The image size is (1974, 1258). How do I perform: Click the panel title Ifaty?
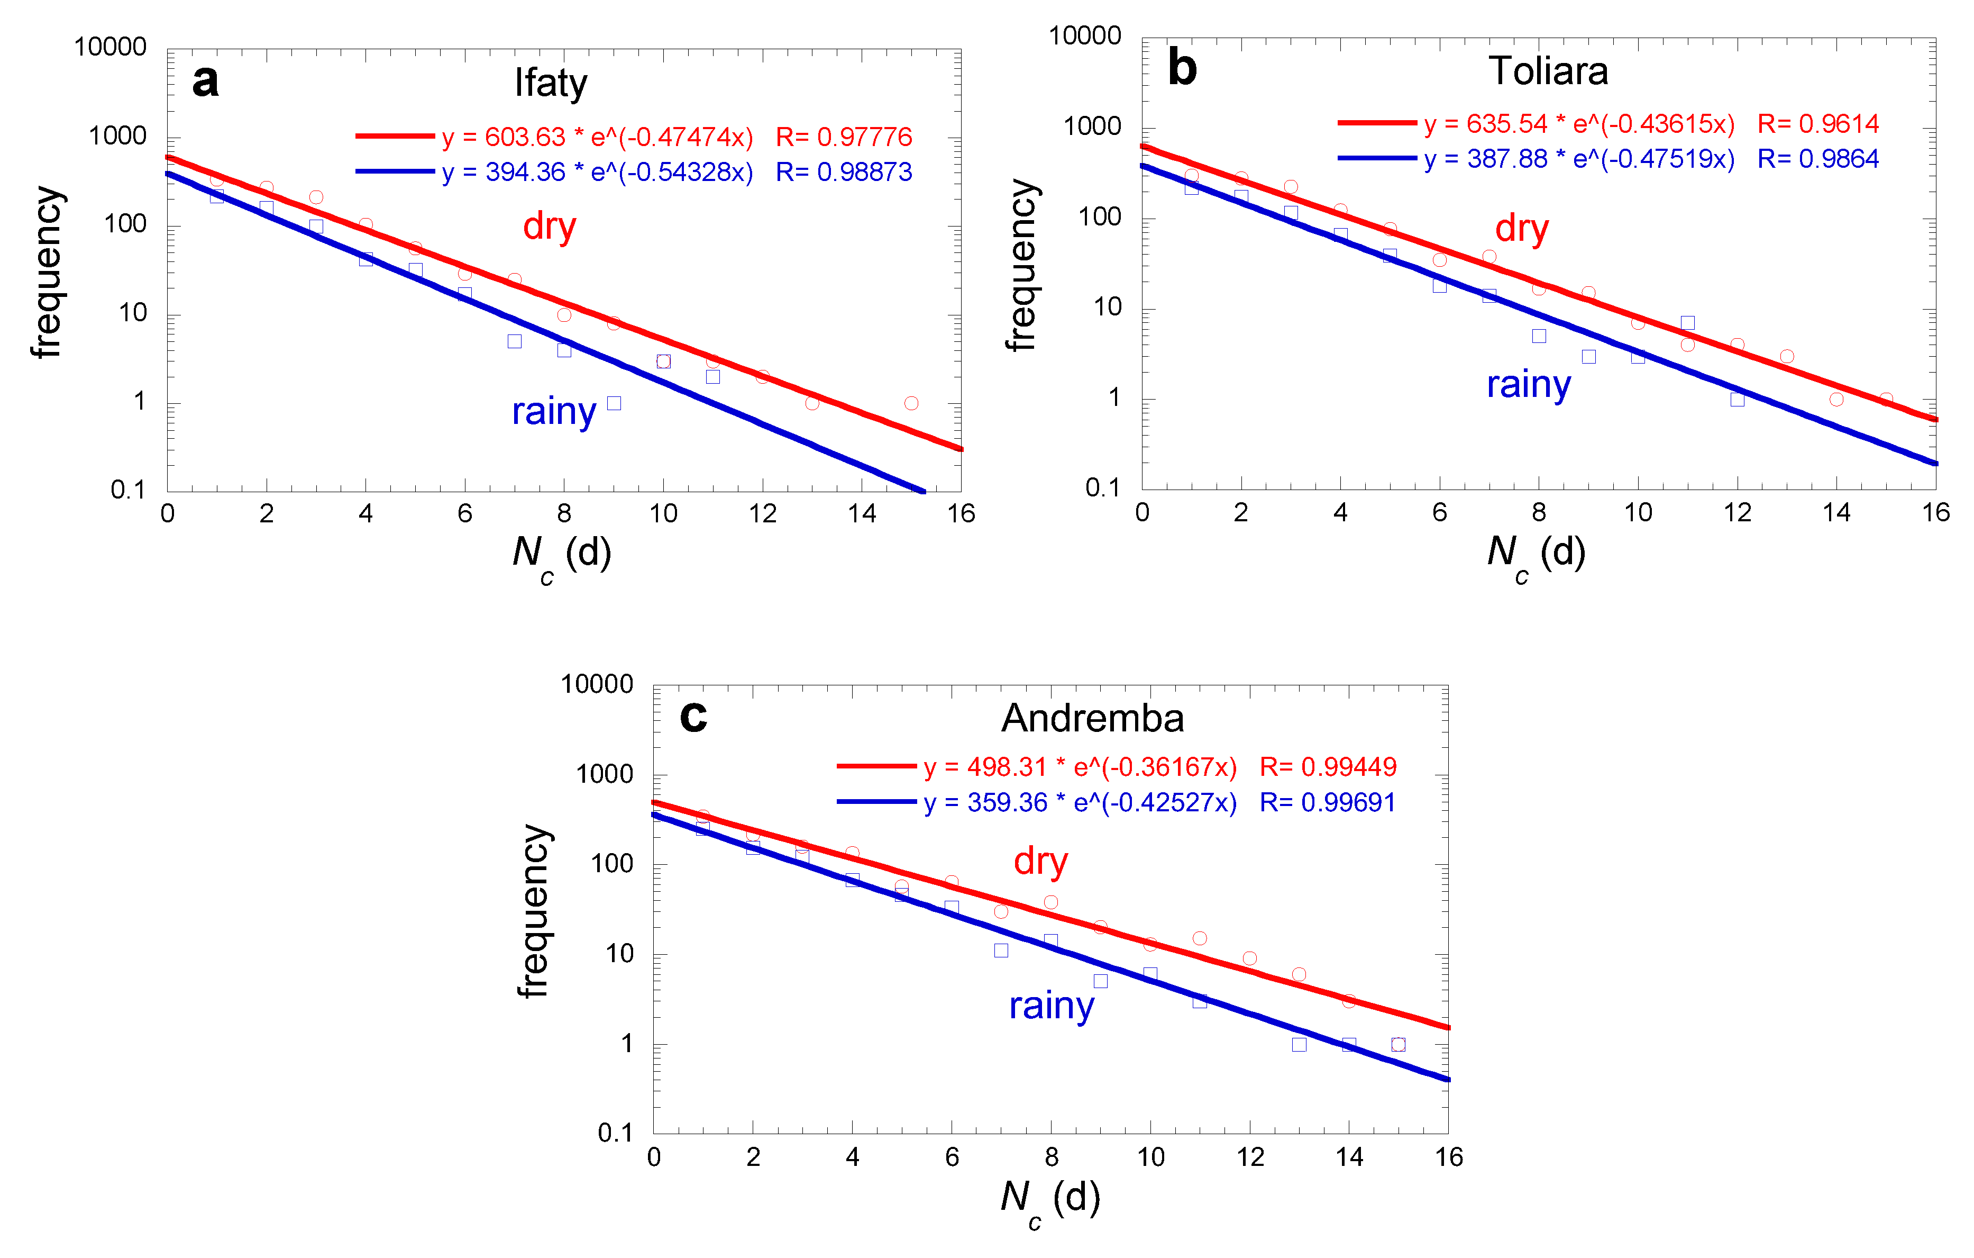pos(551,83)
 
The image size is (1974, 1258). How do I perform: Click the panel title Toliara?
pos(1548,71)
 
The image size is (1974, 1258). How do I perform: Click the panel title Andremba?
pos(1093,718)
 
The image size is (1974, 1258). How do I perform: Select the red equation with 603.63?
pos(597,137)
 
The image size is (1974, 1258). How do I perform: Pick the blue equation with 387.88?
pos(1579,158)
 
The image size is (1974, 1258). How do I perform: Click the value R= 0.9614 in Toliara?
pos(1817,124)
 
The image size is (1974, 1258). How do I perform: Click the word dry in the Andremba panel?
pos(1040,861)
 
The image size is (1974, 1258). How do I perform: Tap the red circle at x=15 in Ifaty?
pos(911,403)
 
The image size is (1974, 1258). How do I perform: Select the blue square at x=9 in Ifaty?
pos(614,403)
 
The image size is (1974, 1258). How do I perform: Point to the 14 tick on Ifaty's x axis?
pos(862,514)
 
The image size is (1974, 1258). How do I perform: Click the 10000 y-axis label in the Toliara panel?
pos(1084,36)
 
